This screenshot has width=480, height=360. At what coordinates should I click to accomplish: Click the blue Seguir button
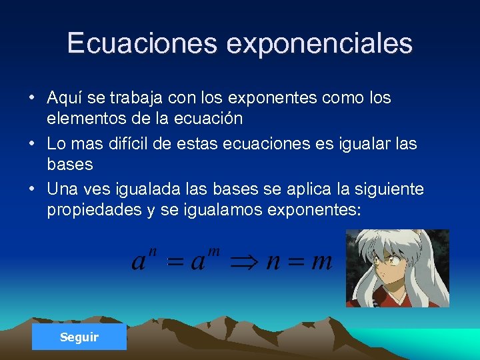[79, 337]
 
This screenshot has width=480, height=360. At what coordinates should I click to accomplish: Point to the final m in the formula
[321, 261]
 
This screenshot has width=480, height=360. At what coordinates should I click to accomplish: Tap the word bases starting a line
[69, 164]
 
